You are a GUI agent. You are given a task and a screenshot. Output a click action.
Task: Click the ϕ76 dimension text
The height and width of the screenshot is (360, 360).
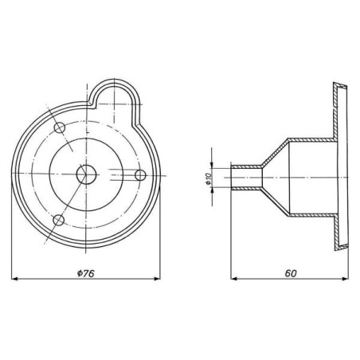pos(86,273)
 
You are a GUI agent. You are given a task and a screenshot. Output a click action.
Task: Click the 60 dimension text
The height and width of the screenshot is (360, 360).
pos(291,273)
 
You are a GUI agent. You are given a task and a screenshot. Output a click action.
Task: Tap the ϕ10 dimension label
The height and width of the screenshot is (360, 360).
pos(209,178)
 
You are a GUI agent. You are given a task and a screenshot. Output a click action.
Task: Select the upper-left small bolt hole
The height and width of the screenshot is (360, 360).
pos(60,128)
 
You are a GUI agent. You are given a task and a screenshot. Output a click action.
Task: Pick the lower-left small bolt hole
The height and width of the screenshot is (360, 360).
pos(59,221)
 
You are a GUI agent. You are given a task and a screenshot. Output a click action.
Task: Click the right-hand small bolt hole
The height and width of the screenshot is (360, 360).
pos(140,175)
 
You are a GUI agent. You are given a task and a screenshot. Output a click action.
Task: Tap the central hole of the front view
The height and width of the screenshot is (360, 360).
pos(86,174)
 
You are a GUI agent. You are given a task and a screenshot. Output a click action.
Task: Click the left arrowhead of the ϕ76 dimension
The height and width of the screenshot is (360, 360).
pos(14,279)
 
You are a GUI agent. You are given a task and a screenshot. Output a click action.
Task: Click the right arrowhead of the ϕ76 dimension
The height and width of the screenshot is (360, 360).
pos(157,279)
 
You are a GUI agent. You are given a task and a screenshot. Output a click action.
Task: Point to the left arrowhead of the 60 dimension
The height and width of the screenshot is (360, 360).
pos(234,279)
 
